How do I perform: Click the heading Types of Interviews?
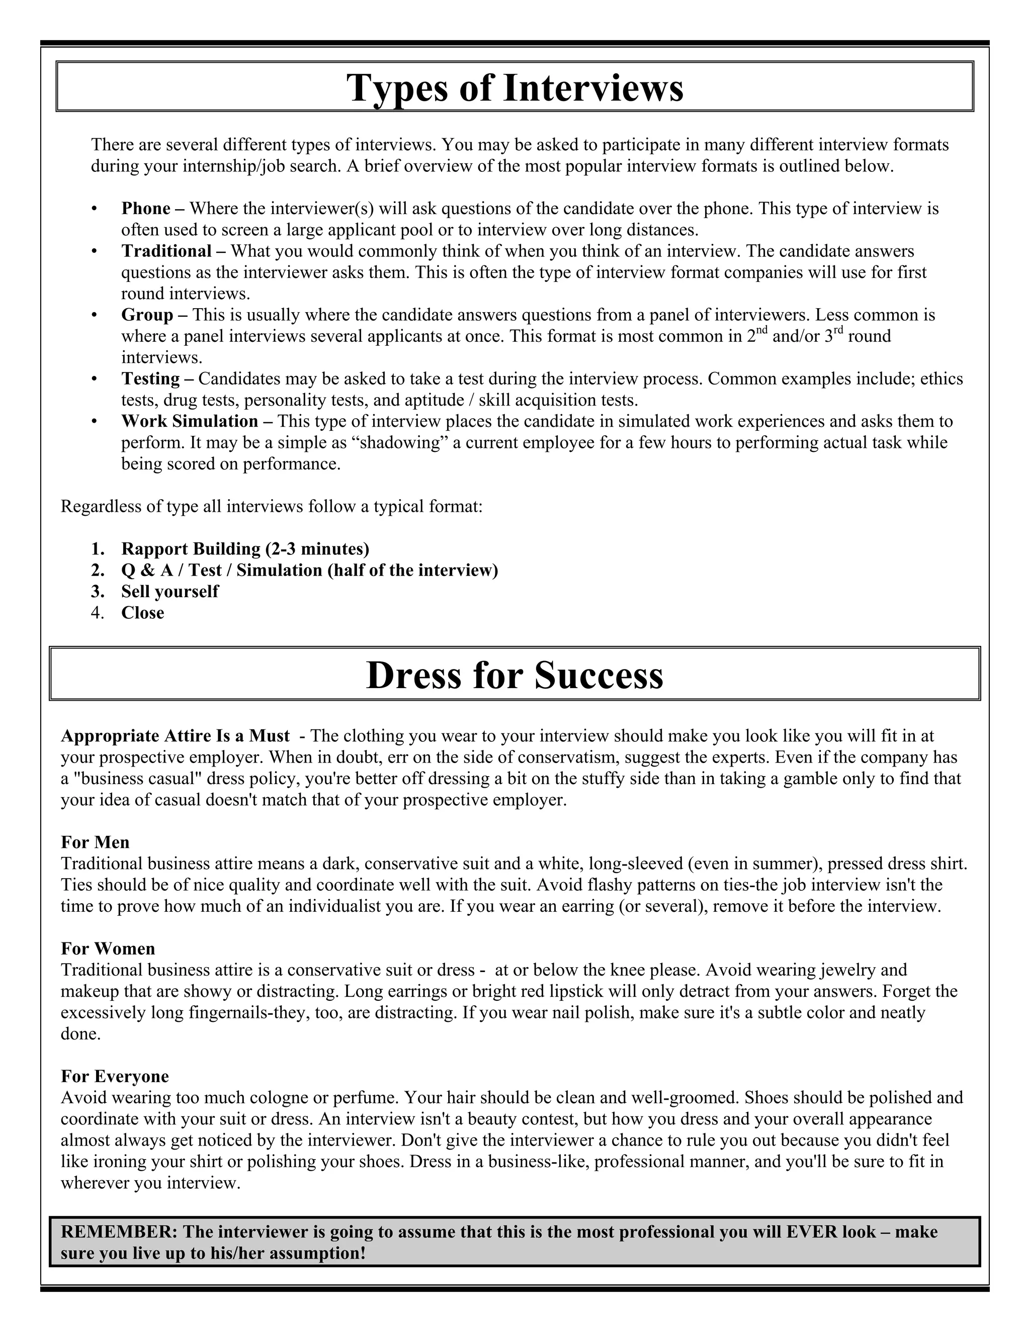tap(514, 87)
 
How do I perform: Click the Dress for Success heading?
tap(514, 675)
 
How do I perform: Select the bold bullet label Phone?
tap(145, 209)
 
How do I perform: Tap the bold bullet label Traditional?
tap(166, 251)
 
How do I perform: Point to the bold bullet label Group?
tap(147, 315)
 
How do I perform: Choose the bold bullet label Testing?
tap(150, 379)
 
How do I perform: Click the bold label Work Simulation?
tap(189, 421)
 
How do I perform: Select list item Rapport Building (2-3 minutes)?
tap(245, 549)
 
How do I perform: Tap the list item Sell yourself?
tap(169, 592)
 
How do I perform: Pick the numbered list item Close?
tap(142, 613)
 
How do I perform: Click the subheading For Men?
tap(95, 842)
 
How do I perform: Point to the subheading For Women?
tap(108, 948)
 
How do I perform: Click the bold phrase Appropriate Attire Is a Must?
tap(175, 736)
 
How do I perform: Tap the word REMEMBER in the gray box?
tap(118, 1232)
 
